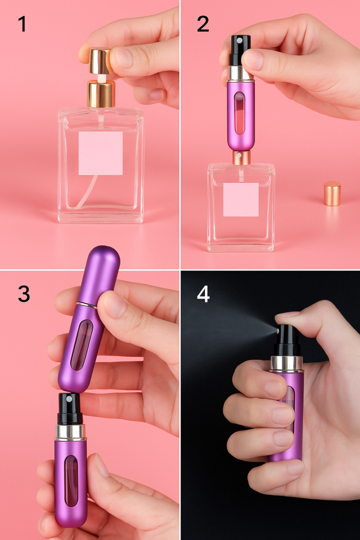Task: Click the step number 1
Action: tap(22, 24)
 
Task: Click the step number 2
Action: tap(203, 24)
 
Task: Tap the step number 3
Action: tap(24, 294)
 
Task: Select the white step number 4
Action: tap(203, 294)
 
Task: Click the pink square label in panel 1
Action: tap(101, 153)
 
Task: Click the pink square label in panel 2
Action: tap(241, 200)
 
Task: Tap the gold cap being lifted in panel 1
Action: tap(100, 62)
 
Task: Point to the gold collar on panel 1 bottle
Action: tap(101, 94)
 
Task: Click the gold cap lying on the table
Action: tap(332, 194)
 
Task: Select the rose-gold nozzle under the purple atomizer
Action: tap(241, 157)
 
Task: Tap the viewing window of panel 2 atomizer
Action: tap(239, 113)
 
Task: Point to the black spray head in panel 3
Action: tap(71, 409)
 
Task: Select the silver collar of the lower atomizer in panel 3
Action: tap(70, 432)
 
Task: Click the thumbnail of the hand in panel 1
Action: tap(122, 57)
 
